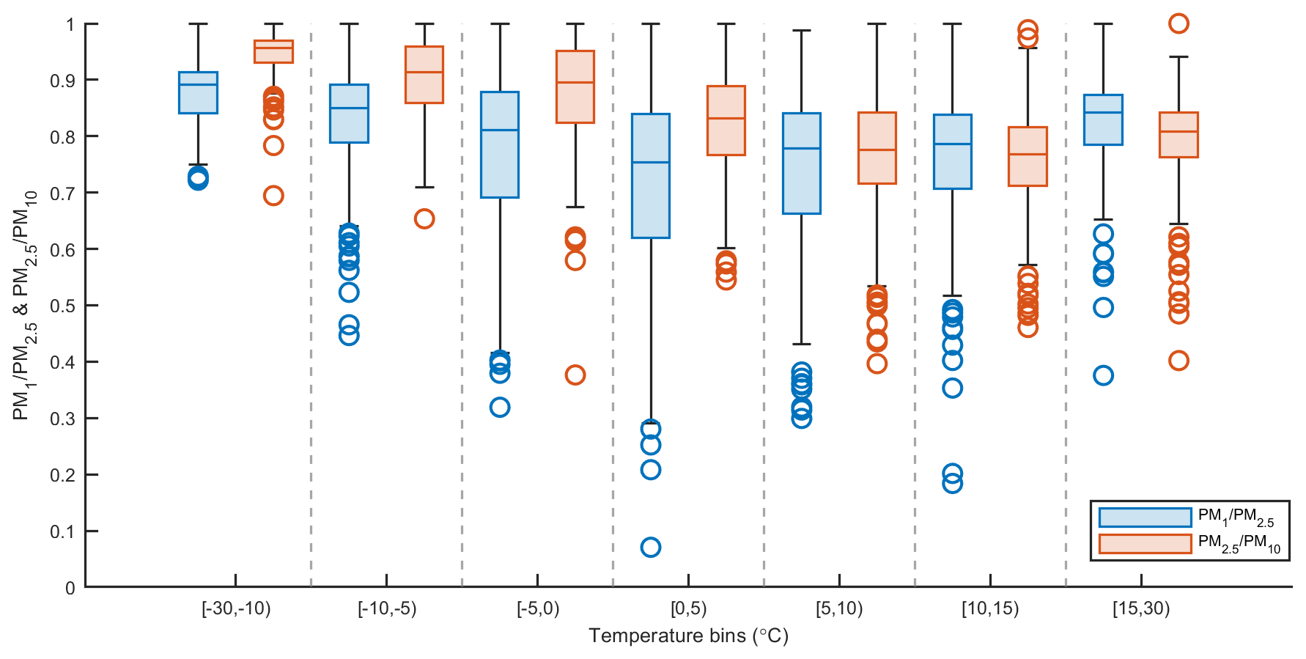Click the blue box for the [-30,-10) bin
coord(198,93)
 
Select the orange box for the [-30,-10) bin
coord(273,52)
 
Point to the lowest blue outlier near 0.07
coord(650,547)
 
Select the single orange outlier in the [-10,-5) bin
coord(424,218)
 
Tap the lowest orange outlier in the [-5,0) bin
coord(575,375)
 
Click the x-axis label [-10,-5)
coord(387,608)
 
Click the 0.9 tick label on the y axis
coord(62,80)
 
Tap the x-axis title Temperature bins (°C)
coord(688,636)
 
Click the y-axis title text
coord(25,305)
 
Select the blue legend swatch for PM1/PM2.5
coord(1145,518)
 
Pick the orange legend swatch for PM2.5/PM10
coord(1145,544)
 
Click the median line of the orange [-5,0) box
coord(575,82)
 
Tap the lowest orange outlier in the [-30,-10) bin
coord(273,196)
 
